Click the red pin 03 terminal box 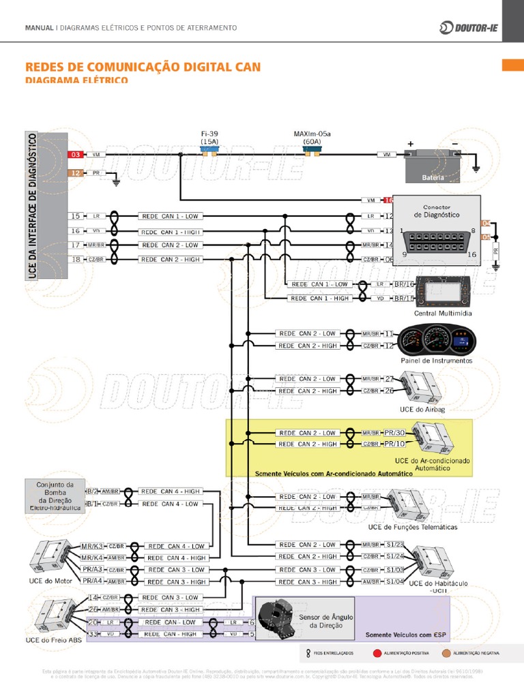tap(76, 155)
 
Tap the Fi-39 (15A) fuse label tap(209, 138)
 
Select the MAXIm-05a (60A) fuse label tap(312, 138)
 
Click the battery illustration tap(433, 165)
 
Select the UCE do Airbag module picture tap(422, 387)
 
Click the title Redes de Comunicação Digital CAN tap(143, 67)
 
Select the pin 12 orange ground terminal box tap(76, 173)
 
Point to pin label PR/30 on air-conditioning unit tap(394, 433)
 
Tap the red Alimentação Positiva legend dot tap(377, 653)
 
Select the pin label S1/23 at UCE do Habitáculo tap(395, 545)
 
